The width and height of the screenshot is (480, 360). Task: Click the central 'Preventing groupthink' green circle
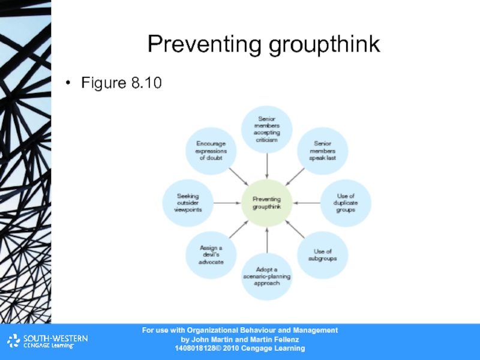point(266,203)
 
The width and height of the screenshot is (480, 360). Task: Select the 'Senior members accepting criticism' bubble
point(266,128)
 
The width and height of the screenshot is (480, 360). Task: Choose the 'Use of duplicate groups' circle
point(346,203)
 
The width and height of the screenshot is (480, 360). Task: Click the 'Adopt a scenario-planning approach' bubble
point(266,277)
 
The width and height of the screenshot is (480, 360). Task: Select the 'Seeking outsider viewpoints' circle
point(188,203)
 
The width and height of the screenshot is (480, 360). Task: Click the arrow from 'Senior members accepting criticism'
point(266,165)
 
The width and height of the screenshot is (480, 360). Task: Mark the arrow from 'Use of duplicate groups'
point(307,203)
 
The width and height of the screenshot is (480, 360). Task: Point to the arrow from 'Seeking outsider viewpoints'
point(227,203)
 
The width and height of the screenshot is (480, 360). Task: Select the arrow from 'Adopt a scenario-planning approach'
point(266,239)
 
